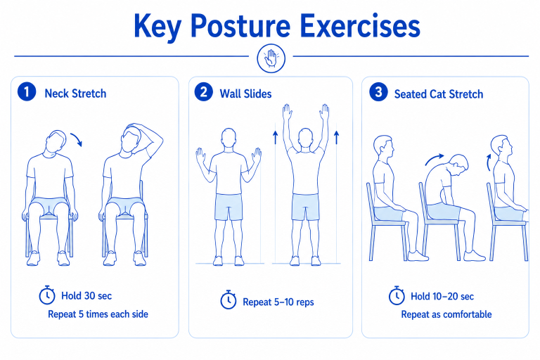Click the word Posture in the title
click(x=240, y=27)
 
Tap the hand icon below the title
click(x=271, y=58)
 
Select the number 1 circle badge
click(x=27, y=91)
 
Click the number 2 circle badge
click(x=203, y=91)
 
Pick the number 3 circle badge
click(x=378, y=91)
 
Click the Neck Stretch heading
click(x=75, y=94)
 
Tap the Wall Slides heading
click(x=245, y=94)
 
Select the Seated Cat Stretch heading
click(x=439, y=94)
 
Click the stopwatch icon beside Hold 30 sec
click(x=47, y=295)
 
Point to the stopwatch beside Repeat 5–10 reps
click(x=228, y=300)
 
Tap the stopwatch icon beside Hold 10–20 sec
click(x=397, y=295)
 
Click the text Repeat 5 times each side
click(x=98, y=314)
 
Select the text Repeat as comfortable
click(x=446, y=314)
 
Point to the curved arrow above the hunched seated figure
click(x=435, y=158)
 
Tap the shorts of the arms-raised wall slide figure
click(x=305, y=207)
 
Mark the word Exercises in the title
click(x=360, y=26)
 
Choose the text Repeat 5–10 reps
click(x=278, y=302)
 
